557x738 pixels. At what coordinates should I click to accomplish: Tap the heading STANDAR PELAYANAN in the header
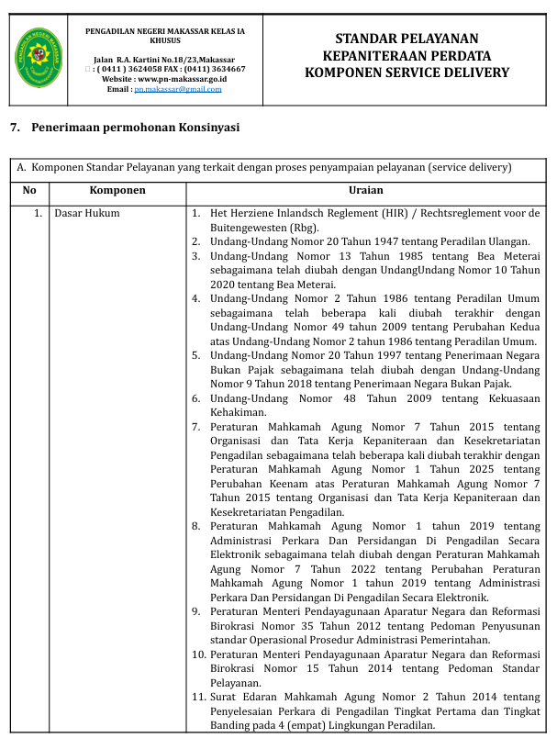pos(407,39)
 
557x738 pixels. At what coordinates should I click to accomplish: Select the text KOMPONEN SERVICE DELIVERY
pos(407,73)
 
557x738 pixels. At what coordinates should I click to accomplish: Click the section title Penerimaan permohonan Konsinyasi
pos(135,128)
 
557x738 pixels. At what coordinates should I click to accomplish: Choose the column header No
pos(29,190)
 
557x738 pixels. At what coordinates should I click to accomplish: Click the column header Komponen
pos(117,190)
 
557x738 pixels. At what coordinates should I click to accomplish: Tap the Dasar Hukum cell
pos(87,214)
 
